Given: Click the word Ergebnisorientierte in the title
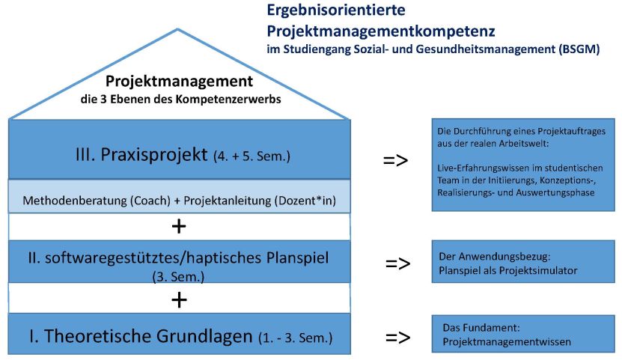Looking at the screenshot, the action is click(x=336, y=10).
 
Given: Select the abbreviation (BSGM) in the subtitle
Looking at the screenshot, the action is click(x=579, y=49).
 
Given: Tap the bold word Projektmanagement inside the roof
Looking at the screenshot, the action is click(x=180, y=82).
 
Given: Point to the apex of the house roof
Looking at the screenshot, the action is click(x=177, y=29).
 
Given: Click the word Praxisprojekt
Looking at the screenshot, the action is click(x=154, y=154).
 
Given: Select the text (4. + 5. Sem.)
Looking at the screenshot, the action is click(x=252, y=156).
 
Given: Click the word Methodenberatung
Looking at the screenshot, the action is click(x=75, y=201).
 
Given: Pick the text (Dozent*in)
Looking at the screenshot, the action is click(x=305, y=201).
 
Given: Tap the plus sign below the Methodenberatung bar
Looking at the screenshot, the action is click(x=179, y=226).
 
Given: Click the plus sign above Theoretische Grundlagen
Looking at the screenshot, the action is click(x=179, y=300).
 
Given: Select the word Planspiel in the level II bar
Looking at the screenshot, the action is click(x=297, y=258).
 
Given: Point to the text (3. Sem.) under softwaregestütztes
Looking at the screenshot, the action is click(x=178, y=276).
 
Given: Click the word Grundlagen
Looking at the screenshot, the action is click(x=204, y=336).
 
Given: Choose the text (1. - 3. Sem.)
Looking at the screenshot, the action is click(x=295, y=338).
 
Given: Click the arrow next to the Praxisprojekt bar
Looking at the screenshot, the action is click(x=395, y=160).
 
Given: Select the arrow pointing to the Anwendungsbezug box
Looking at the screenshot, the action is click(x=397, y=263).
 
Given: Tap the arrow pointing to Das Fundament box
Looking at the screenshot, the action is click(x=397, y=338).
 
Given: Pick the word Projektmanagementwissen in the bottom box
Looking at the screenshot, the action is click(x=507, y=342).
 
